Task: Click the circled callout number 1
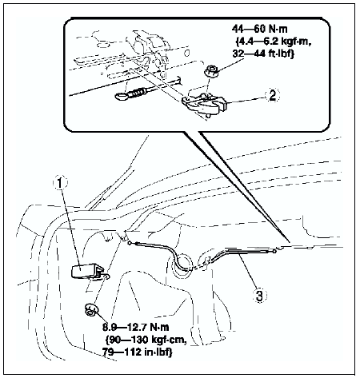pyautogui.click(x=60, y=184)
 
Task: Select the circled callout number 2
pyautogui.click(x=272, y=95)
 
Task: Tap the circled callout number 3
pyautogui.click(x=259, y=295)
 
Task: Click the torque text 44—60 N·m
pyautogui.click(x=259, y=29)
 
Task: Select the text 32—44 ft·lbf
pyautogui.click(x=263, y=54)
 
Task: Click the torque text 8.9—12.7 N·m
pyautogui.click(x=135, y=327)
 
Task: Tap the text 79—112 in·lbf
pyautogui.click(x=137, y=352)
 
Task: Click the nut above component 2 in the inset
pyautogui.click(x=210, y=72)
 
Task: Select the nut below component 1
pyautogui.click(x=91, y=309)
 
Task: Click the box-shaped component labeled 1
pyautogui.click(x=86, y=271)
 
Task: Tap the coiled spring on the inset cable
pyautogui.click(x=138, y=94)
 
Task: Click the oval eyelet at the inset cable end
pyautogui.click(x=122, y=96)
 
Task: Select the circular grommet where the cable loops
pyautogui.click(x=182, y=263)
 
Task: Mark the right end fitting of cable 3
pyautogui.click(x=274, y=251)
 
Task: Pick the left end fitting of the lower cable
pyautogui.click(x=130, y=243)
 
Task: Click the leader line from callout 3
pyautogui.click(x=247, y=270)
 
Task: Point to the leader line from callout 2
pyautogui.click(x=246, y=98)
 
